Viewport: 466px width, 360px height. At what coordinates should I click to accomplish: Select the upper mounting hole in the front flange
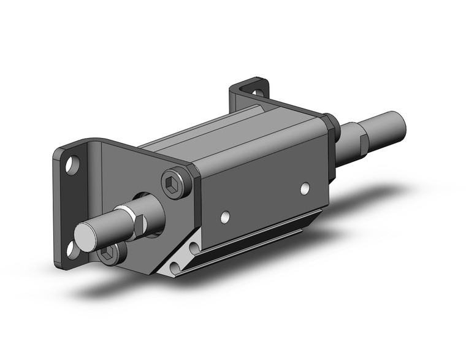click(73, 164)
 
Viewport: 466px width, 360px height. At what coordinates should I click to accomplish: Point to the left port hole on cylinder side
click(226, 216)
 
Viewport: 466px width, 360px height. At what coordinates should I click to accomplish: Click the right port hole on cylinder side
click(305, 189)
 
